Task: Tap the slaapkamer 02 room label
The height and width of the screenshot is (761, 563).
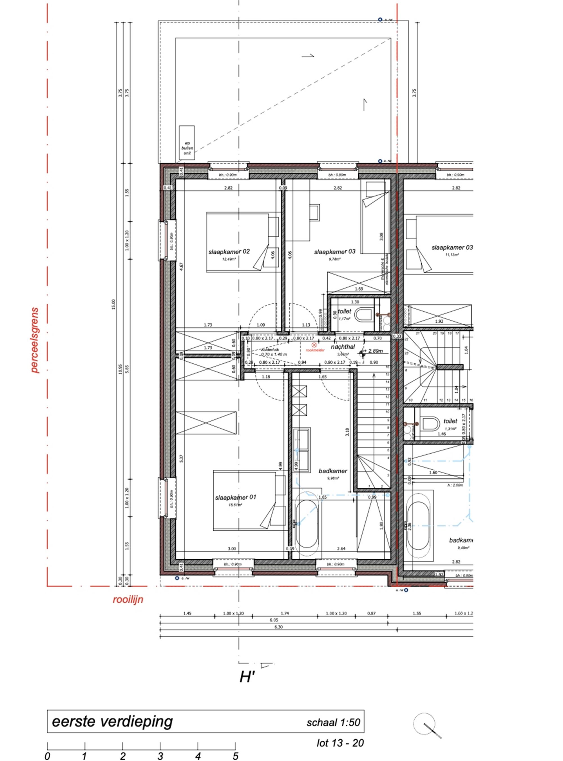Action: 229,252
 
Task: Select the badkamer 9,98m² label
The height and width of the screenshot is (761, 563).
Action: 333,471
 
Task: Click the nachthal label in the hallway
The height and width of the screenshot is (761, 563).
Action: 343,347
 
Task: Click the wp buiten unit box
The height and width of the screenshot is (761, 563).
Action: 187,143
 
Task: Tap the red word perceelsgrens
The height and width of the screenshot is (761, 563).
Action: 34,341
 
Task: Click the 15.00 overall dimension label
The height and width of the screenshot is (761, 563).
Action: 114,304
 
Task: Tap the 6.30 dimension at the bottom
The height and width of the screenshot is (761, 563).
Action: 278,627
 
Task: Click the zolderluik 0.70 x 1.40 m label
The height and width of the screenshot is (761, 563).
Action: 274,352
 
